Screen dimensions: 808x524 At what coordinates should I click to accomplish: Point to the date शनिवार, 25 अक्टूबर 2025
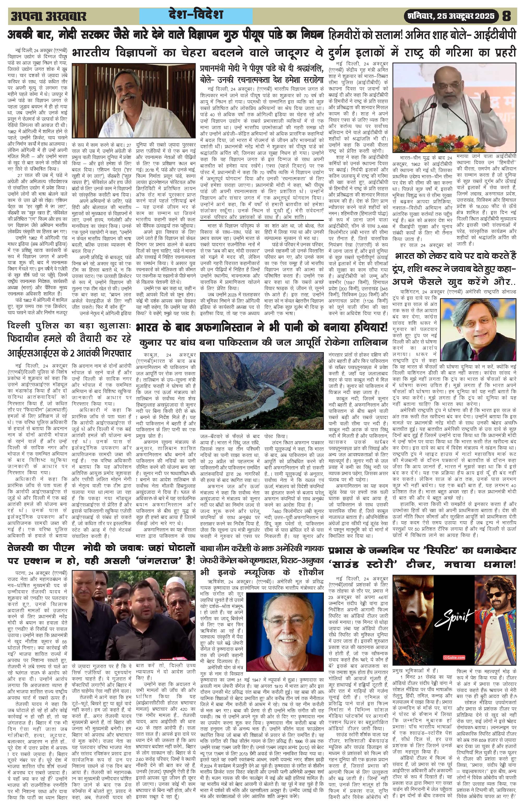[x=452, y=16]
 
